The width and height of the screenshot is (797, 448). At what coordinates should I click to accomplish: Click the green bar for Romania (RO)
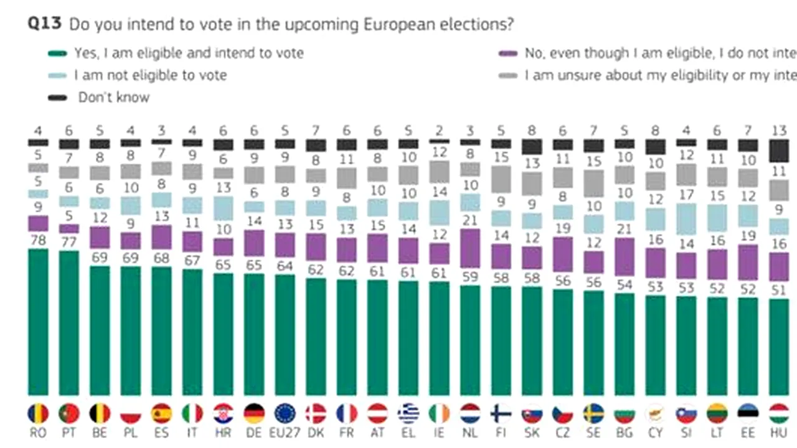[x=38, y=322]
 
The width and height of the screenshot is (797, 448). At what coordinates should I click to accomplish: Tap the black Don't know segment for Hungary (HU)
[x=778, y=150]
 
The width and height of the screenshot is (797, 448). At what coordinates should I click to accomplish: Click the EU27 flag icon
[x=285, y=414]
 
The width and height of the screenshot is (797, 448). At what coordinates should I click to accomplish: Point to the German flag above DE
[x=254, y=414]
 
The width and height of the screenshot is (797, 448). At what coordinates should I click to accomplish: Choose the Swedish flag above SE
[x=593, y=414]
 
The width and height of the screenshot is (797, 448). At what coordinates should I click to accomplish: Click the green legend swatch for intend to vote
[x=57, y=54]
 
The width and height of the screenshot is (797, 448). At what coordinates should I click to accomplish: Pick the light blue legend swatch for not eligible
[x=57, y=76]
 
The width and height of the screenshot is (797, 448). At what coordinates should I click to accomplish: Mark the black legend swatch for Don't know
[x=57, y=98]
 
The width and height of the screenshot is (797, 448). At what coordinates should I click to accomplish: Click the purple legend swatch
[x=508, y=54]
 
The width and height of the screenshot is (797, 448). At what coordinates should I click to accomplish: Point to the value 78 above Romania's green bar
[x=38, y=240]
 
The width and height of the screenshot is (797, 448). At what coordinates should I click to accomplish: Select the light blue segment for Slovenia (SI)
[x=686, y=218]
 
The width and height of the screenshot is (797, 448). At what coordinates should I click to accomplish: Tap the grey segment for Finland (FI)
[x=501, y=179]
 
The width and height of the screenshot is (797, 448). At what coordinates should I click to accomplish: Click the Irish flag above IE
[x=440, y=414]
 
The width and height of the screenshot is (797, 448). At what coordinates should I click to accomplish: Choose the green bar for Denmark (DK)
[x=316, y=337]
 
